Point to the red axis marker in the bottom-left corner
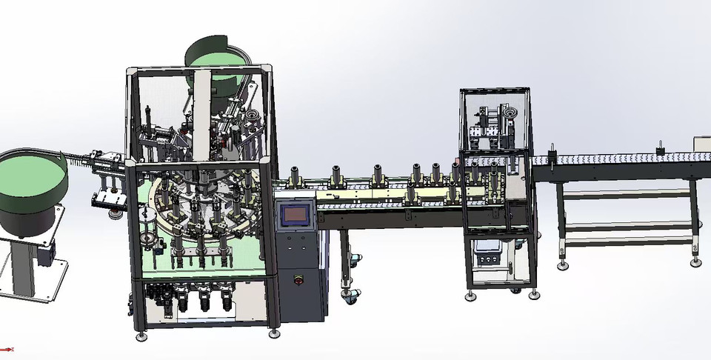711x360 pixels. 6,349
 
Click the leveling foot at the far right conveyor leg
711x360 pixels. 695,262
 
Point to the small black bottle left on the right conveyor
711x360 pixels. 552,158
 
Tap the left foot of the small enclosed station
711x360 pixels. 471,296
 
